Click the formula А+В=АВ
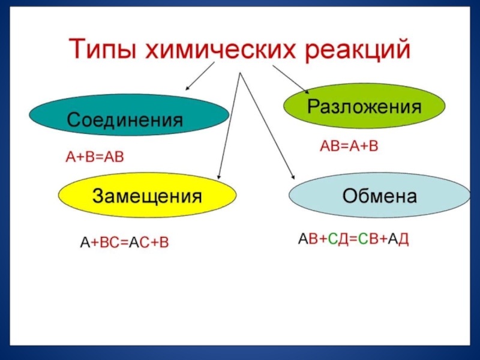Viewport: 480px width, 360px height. pyautogui.click(x=94, y=157)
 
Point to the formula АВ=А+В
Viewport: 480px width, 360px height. pyautogui.click(x=349, y=146)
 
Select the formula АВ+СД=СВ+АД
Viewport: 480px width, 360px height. pyautogui.click(x=354, y=239)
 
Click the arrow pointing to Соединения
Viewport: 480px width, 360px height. pyautogui.click(x=200, y=76)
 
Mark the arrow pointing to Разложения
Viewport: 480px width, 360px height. pyautogui.click(x=291, y=79)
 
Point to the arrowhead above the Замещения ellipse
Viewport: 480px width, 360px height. pyautogui.click(x=219, y=176)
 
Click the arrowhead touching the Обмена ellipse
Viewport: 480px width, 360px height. pyautogui.click(x=293, y=175)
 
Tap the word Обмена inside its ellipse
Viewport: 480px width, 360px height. pyautogui.click(x=379, y=196)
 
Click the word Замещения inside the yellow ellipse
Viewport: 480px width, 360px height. pyautogui.click(x=147, y=196)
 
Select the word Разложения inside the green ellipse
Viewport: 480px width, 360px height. pyautogui.click(x=364, y=107)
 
